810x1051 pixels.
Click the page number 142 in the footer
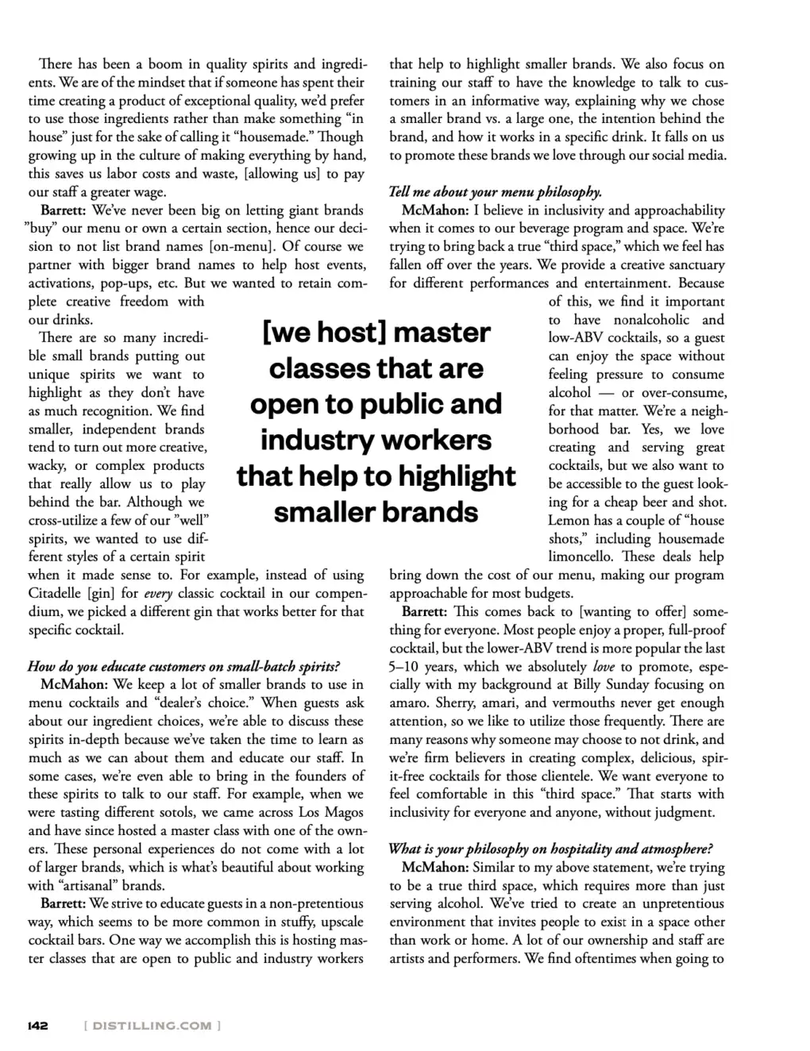[x=38, y=1026]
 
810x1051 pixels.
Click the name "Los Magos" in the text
[x=331, y=812]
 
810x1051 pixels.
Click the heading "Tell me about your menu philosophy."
[x=496, y=192]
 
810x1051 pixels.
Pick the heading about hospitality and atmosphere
[x=550, y=849]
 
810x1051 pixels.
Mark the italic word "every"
[x=158, y=594]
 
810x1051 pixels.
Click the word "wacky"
[x=46, y=466]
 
